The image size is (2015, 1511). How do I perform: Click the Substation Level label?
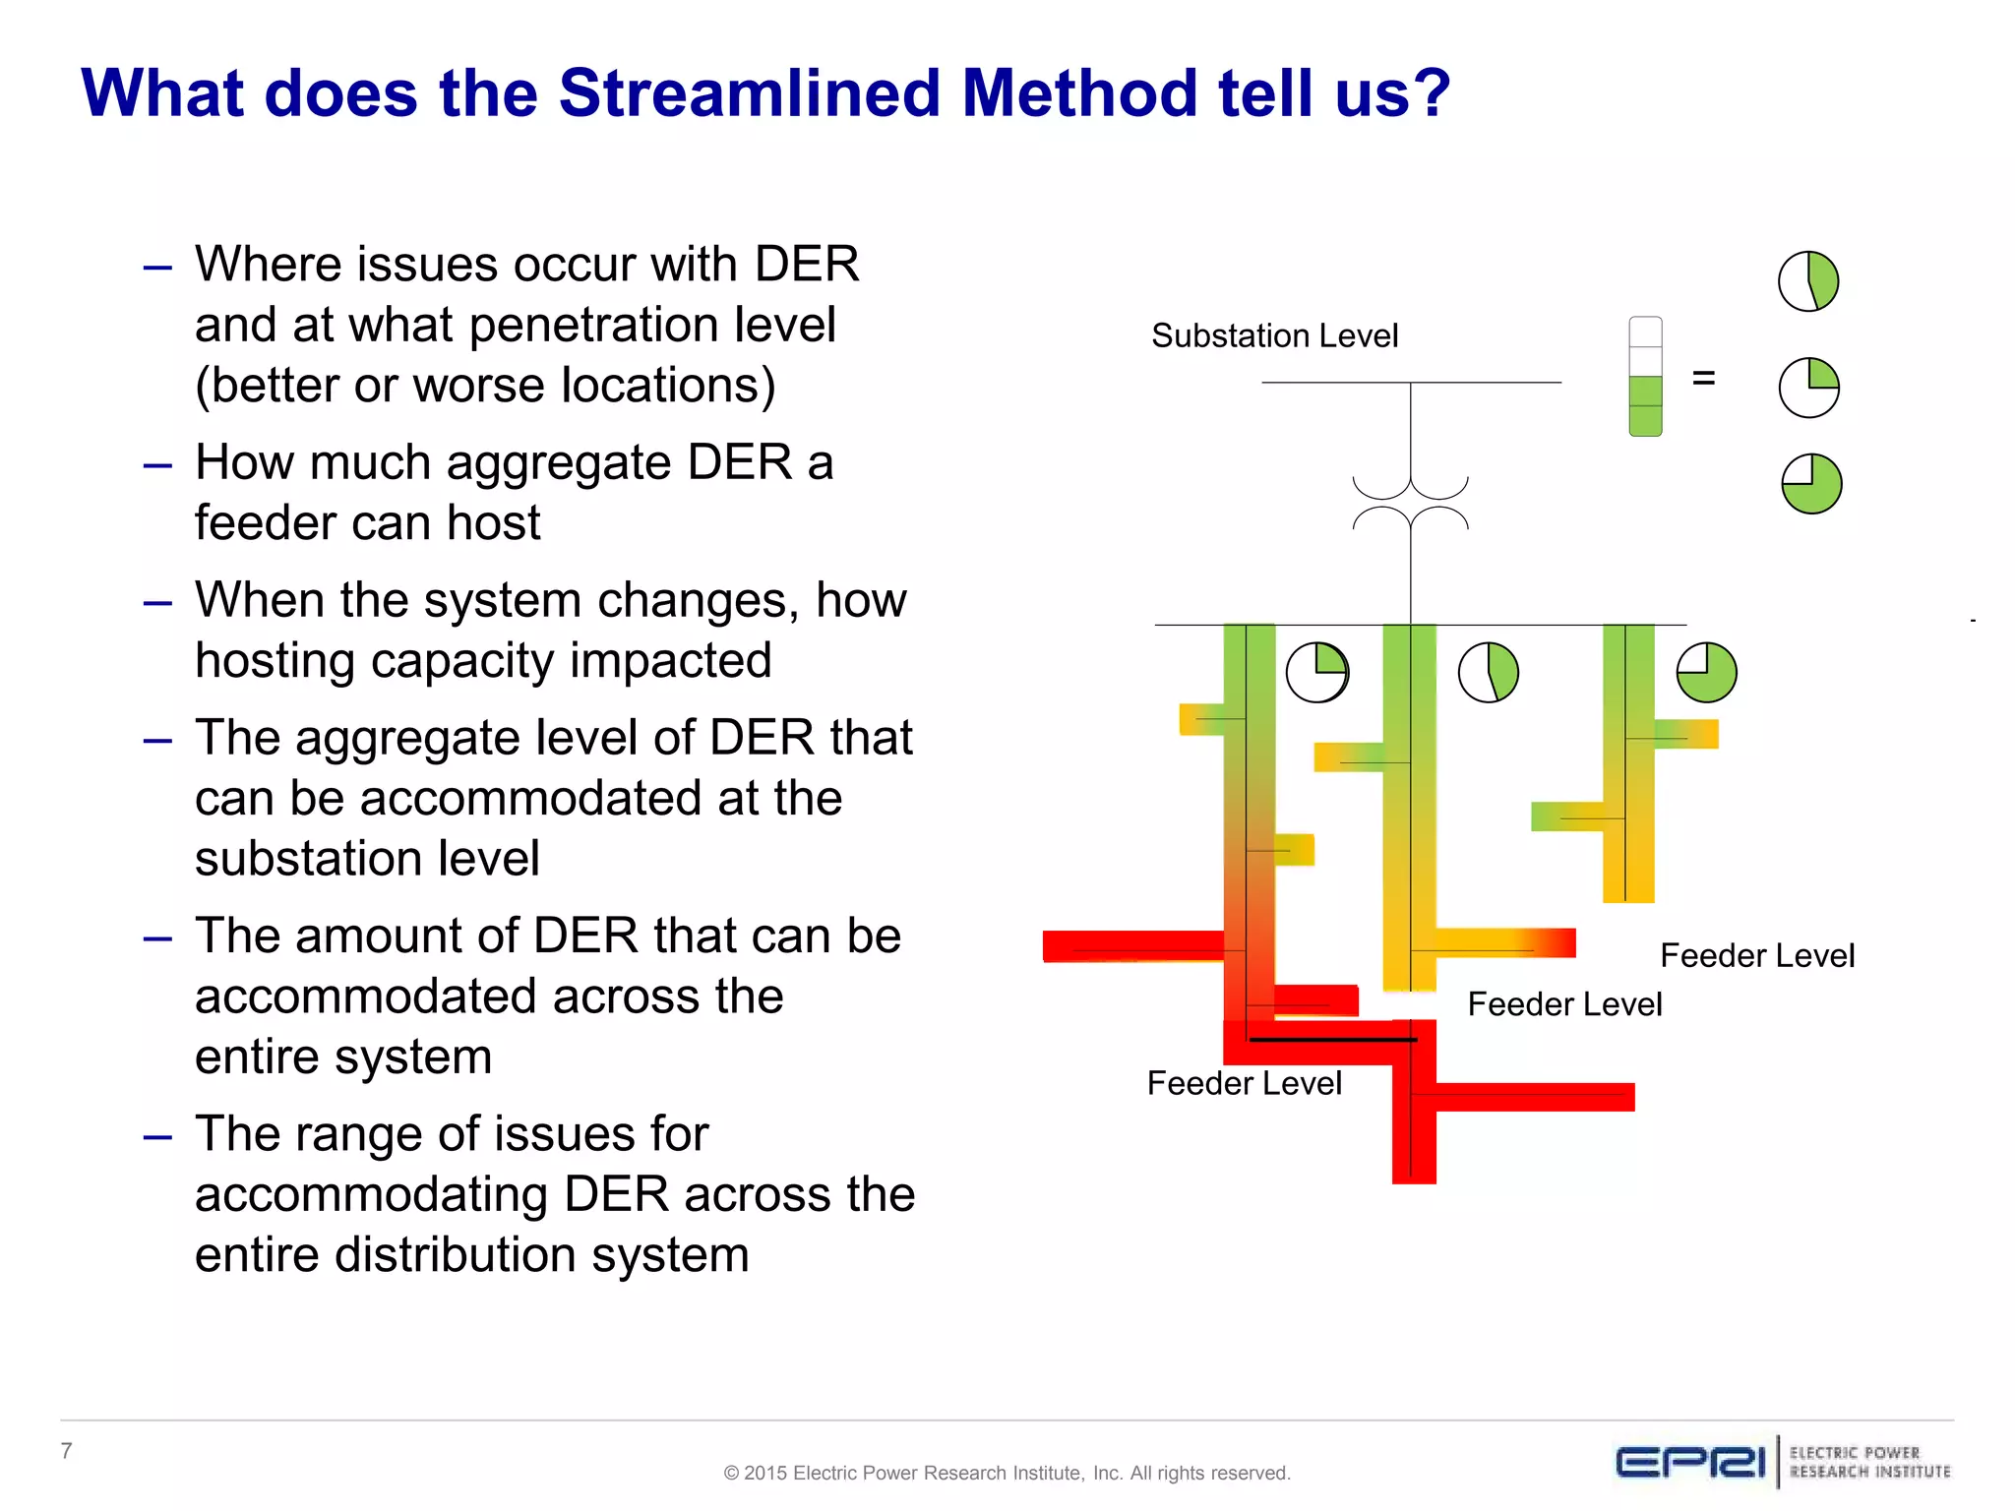pyautogui.click(x=1274, y=336)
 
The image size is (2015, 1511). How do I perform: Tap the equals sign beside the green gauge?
pyautogui.click(x=1703, y=378)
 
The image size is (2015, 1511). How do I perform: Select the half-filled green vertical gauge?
pyautogui.click(x=1645, y=377)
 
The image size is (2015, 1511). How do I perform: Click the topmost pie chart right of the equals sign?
pyautogui.click(x=1808, y=281)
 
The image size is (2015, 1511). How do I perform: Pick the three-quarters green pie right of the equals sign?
pyautogui.click(x=1811, y=484)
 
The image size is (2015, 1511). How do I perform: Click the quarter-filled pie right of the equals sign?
pyautogui.click(x=1808, y=388)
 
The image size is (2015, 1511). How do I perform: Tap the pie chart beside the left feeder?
pyautogui.click(x=1317, y=673)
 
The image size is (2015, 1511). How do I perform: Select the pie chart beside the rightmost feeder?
pyautogui.click(x=1706, y=673)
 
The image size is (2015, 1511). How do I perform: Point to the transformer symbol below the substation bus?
pyautogui.click(x=1410, y=504)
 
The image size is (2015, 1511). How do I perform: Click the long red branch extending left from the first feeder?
pyautogui.click(x=1131, y=946)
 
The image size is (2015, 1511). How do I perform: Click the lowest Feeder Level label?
pyautogui.click(x=1244, y=1083)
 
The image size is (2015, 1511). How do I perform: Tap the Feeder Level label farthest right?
pyautogui.click(x=1756, y=955)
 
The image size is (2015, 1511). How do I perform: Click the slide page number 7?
pyautogui.click(x=66, y=1450)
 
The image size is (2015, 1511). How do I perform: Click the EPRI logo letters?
pyautogui.click(x=1690, y=1463)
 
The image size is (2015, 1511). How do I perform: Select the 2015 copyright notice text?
pyautogui.click(x=1006, y=1473)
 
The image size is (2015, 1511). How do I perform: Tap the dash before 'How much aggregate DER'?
pyautogui.click(x=157, y=464)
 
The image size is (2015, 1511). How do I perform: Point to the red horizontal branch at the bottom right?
pyautogui.click(x=1535, y=1097)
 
